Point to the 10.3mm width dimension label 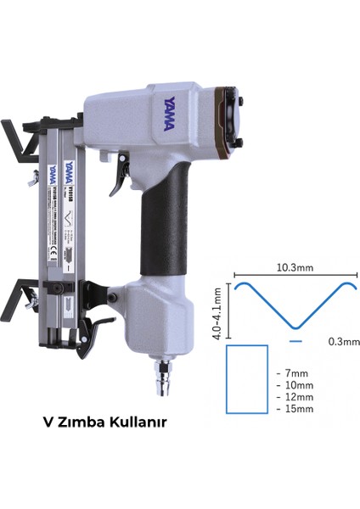294,267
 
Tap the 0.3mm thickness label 343,342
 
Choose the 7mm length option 295,372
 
